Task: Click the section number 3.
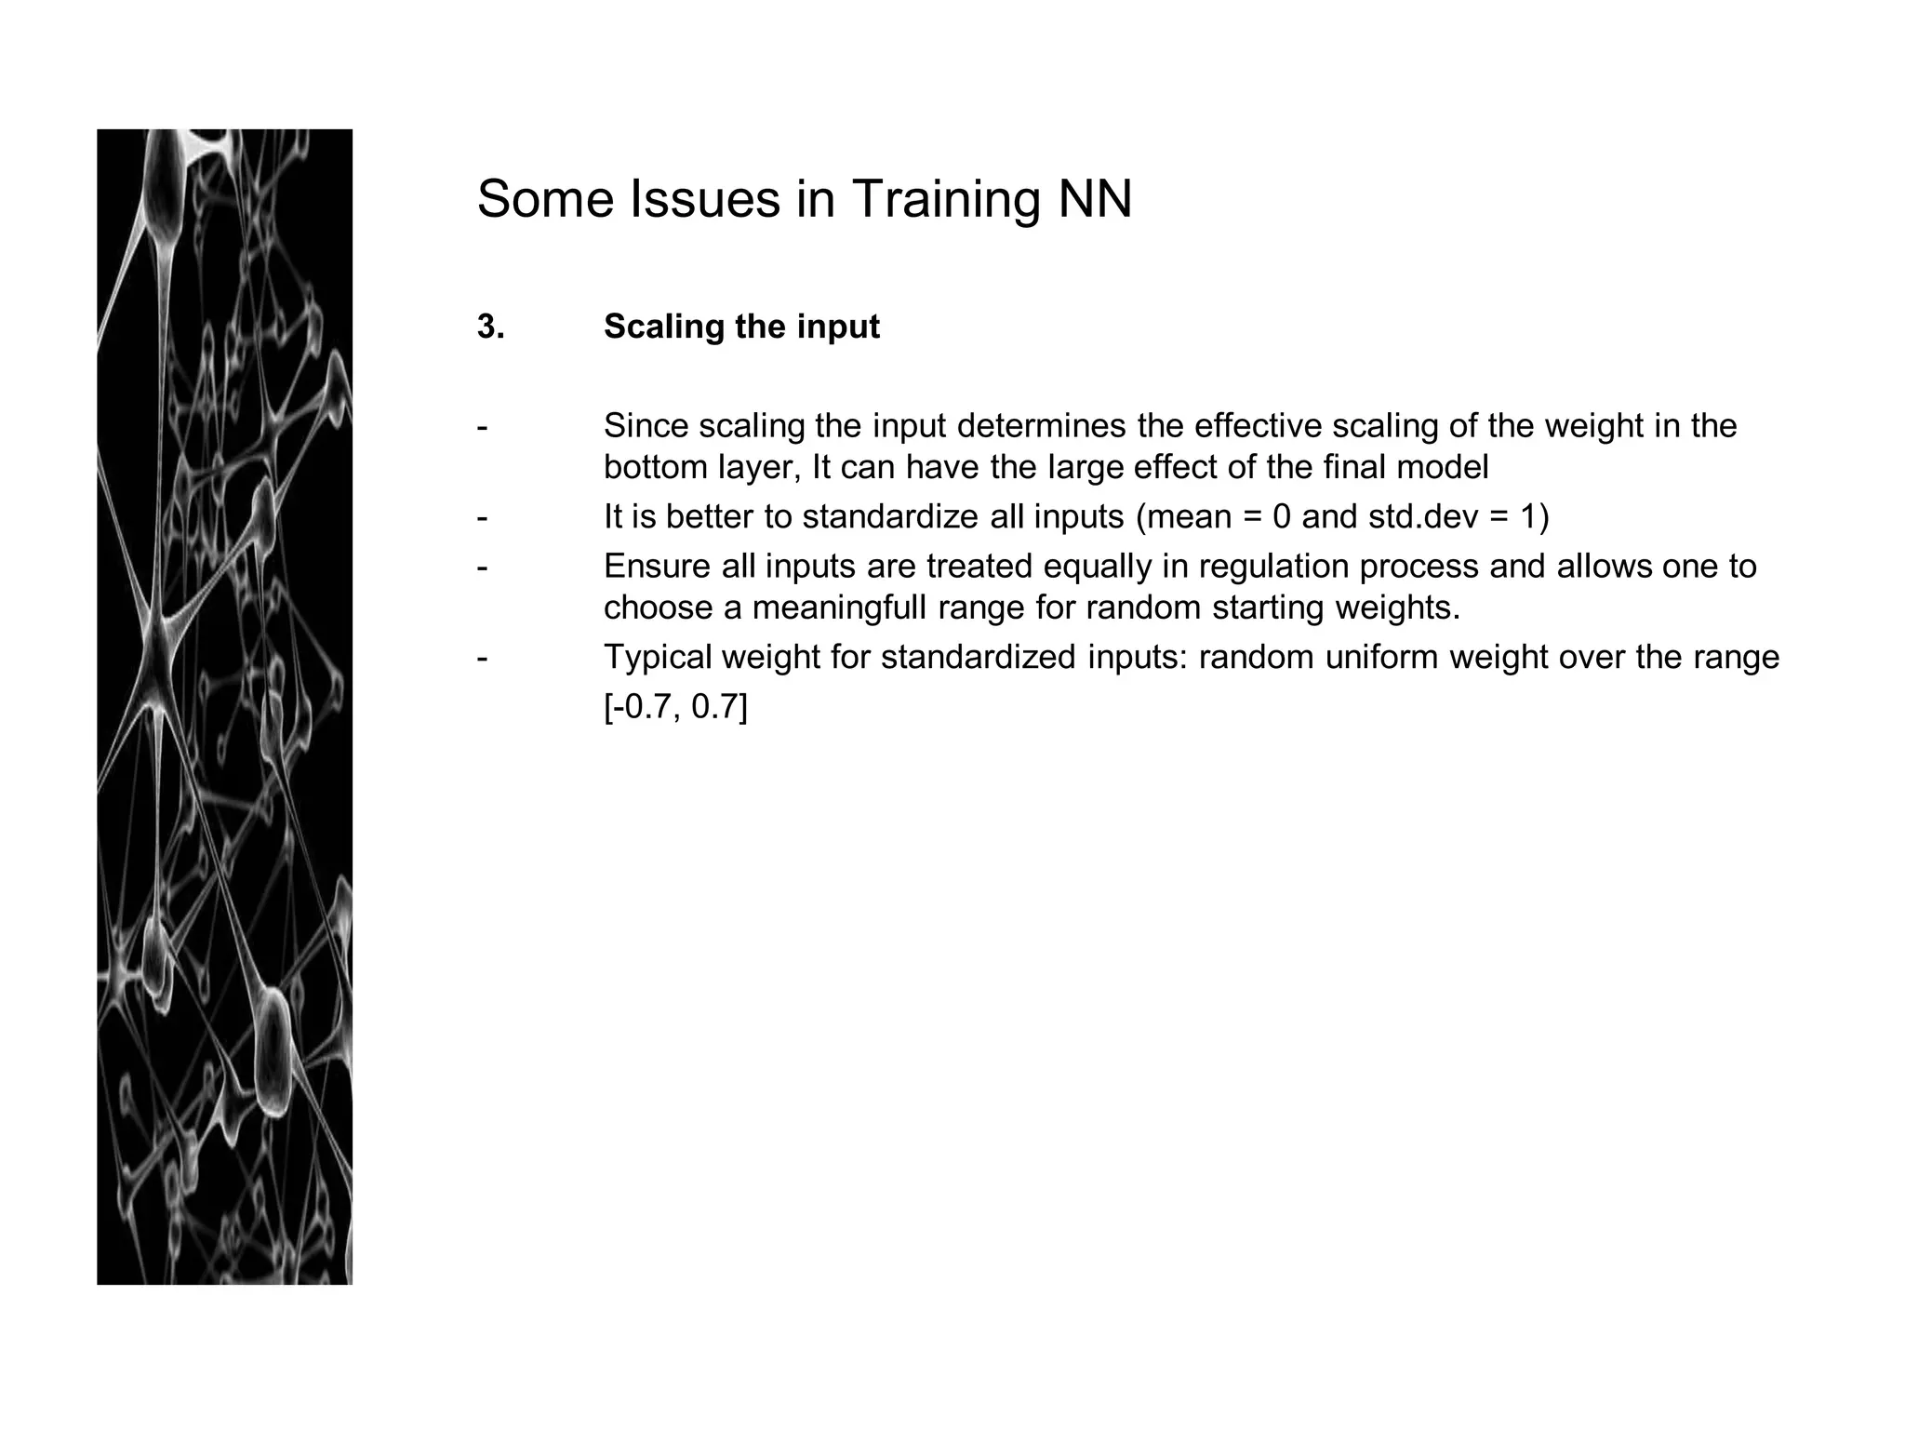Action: coord(490,327)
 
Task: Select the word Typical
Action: coord(657,658)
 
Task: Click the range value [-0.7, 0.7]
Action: coord(675,708)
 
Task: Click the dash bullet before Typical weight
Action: coord(482,658)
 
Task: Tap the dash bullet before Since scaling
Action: coord(482,426)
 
